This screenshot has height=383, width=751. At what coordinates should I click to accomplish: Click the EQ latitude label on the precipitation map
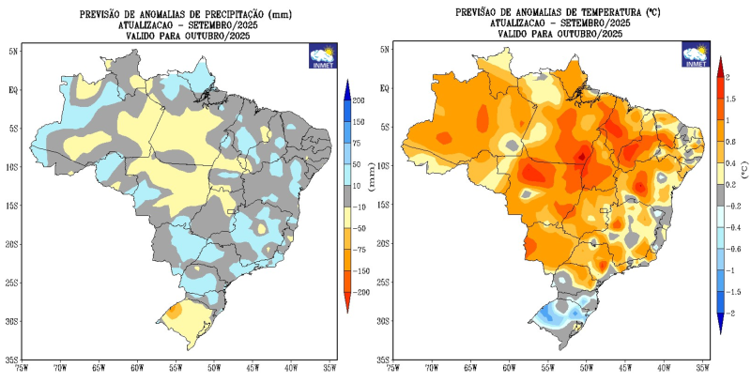click(13, 90)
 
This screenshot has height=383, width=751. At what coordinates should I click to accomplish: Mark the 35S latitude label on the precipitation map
click(12, 360)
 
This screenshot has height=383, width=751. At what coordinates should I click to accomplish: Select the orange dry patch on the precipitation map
click(175, 311)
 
